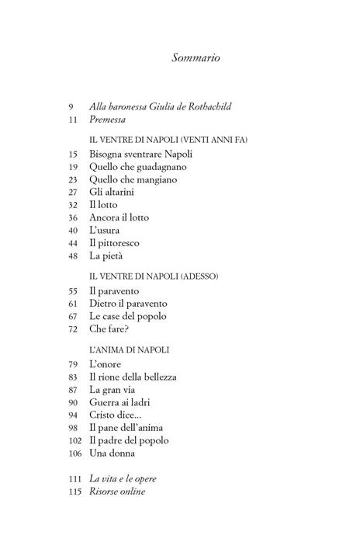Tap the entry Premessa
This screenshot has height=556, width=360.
coord(108,120)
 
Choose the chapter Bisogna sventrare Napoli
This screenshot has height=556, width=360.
coord(139,155)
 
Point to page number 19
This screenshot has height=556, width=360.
coord(73,167)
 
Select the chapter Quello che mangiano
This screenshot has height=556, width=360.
coord(133,179)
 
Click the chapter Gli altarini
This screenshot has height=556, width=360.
coord(115,192)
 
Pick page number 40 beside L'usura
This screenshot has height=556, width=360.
coord(73,230)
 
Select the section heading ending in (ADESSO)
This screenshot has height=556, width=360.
coord(154,275)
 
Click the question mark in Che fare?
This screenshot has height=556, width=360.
coord(130,329)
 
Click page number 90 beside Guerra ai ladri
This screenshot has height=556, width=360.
coord(73,402)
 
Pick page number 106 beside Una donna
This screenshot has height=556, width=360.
coord(74,453)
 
